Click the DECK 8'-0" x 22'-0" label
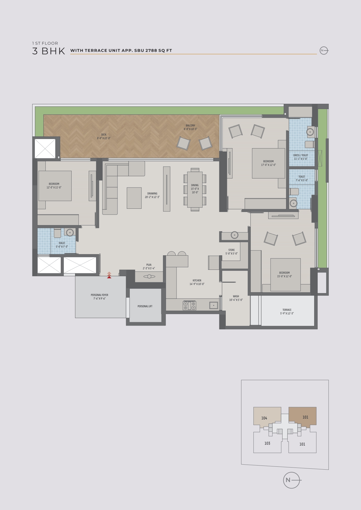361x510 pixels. coord(104,136)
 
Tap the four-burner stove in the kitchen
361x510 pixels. coord(189,306)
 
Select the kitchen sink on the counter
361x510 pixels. coord(214,305)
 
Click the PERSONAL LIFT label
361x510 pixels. coord(145,306)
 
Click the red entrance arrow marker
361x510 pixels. coord(109,275)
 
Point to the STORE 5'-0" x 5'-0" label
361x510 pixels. coord(231,252)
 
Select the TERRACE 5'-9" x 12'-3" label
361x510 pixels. coord(287,311)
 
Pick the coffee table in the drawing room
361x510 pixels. coord(134,198)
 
